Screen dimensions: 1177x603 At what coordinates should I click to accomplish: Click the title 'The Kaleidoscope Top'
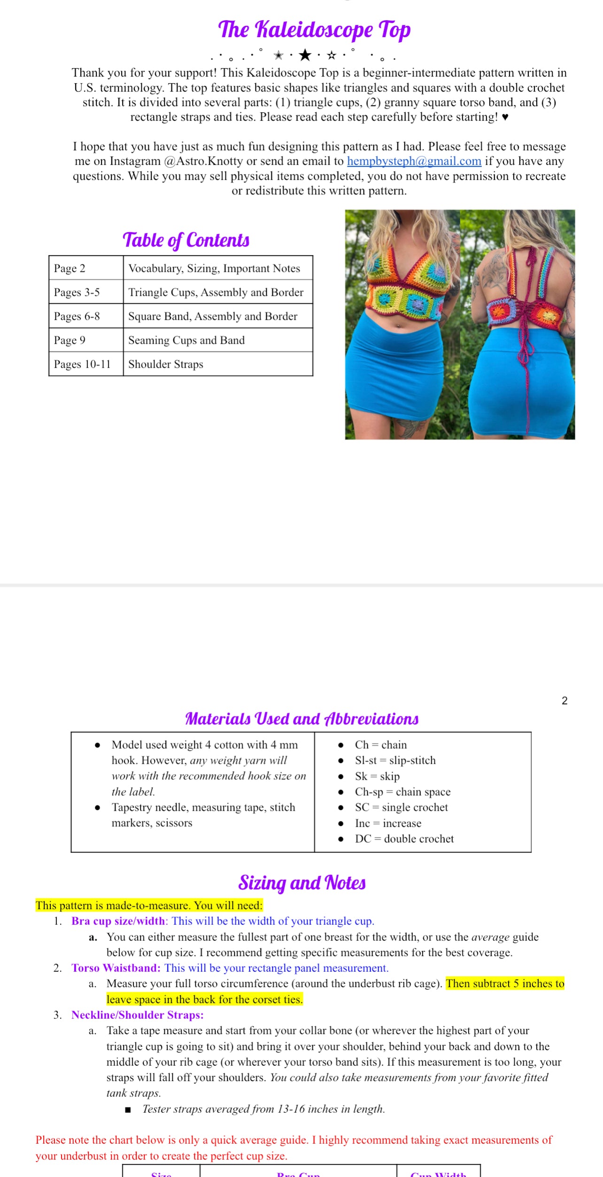pos(314,30)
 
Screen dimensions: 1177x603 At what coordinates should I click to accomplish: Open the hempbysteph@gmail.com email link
pos(414,161)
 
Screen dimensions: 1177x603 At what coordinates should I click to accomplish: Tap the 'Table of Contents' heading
pos(186,240)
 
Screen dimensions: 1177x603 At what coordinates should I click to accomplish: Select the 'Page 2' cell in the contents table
pos(70,268)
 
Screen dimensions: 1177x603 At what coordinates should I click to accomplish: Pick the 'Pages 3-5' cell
pos(77,292)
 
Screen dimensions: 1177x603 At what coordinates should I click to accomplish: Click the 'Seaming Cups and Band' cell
pos(186,340)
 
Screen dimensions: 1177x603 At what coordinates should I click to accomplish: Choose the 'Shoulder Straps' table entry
pos(166,364)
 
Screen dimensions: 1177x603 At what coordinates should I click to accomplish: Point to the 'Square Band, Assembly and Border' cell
pos(213,316)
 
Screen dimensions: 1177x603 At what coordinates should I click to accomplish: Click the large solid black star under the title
pos(305,55)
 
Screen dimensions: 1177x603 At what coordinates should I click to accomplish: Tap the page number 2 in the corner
pos(564,701)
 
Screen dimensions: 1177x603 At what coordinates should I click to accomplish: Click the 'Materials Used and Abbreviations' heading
pos(301,719)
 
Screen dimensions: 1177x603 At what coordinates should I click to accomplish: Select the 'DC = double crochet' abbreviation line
pos(404,839)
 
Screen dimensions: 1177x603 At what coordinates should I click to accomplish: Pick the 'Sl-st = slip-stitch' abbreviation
pos(395,760)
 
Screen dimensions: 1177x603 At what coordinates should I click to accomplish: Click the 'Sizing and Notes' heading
pos(301,883)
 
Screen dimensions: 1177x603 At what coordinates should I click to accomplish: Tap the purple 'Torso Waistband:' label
pos(116,968)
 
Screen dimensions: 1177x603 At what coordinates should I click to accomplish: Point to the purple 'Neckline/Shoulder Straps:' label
pos(137,1015)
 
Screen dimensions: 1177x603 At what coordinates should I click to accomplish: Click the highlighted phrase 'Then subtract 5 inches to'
pos(505,983)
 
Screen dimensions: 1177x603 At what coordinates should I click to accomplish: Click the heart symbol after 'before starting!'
pos(505,117)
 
